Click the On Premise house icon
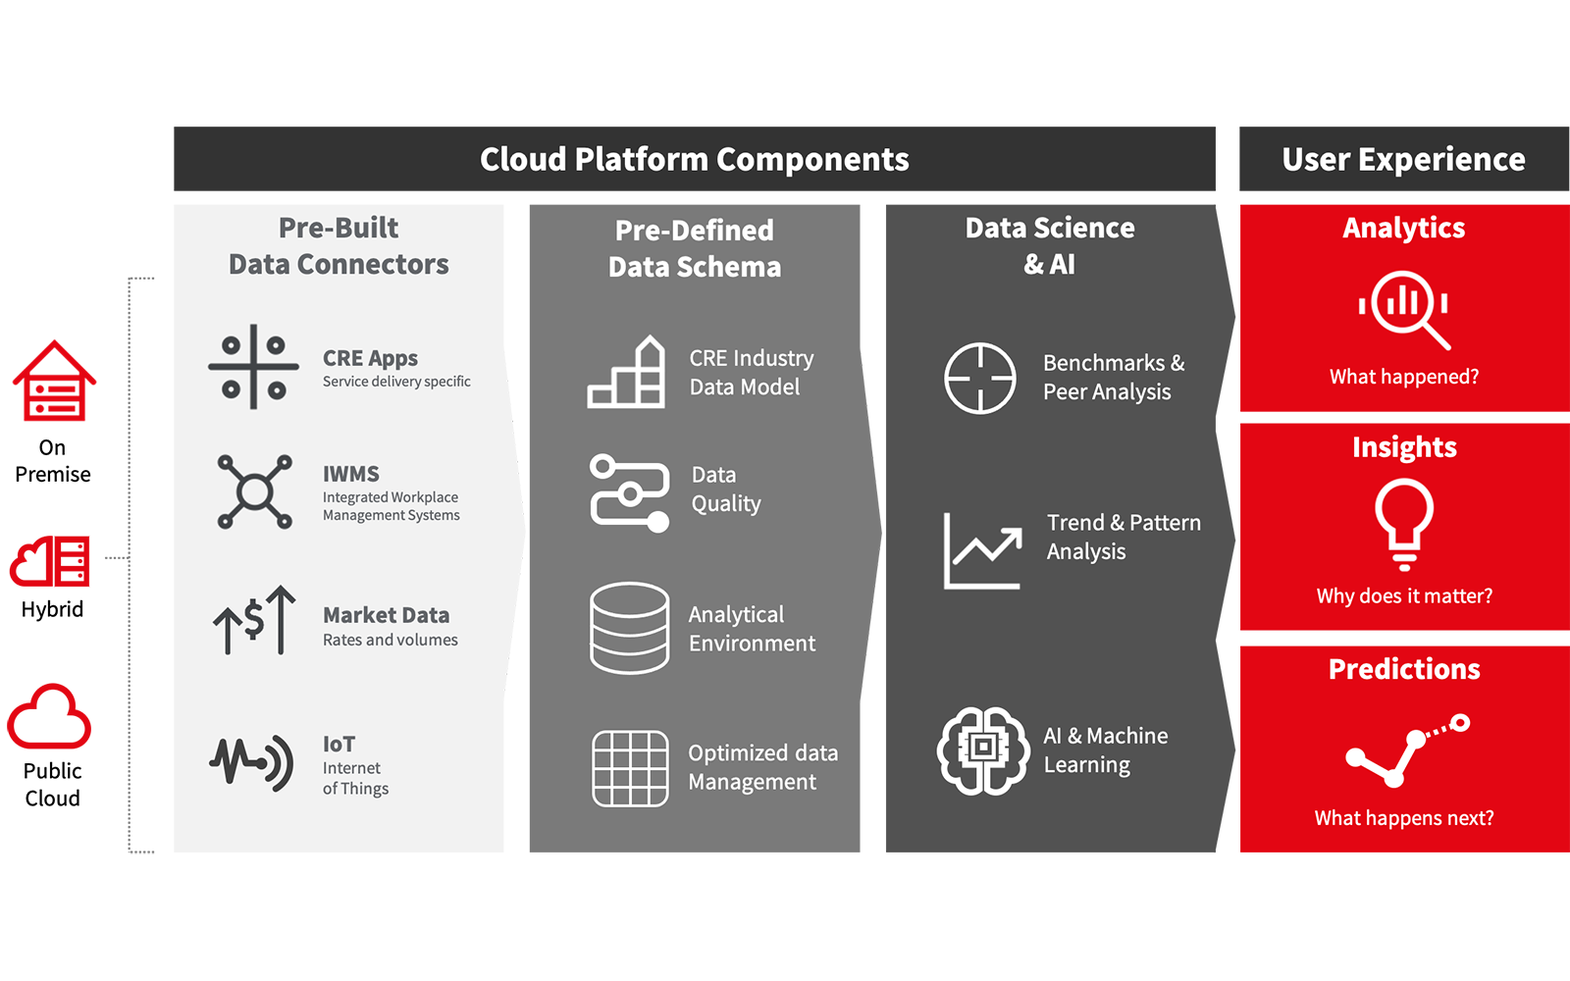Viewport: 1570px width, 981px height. click(54, 381)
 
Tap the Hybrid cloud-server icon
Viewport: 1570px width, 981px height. click(50, 560)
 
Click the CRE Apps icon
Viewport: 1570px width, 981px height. click(254, 367)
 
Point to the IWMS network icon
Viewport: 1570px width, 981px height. click(254, 491)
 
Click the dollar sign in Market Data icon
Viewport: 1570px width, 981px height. click(254, 620)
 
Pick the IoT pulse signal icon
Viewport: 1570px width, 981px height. click(251, 763)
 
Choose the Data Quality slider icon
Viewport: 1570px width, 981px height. click(629, 492)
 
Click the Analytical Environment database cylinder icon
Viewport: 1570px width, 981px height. click(629, 628)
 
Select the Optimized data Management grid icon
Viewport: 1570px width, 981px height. click(630, 769)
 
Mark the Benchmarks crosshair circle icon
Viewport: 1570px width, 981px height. click(980, 379)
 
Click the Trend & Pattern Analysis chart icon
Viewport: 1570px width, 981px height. click(982, 550)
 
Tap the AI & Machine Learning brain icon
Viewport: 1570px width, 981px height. click(983, 750)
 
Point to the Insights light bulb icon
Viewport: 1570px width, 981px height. click(1404, 524)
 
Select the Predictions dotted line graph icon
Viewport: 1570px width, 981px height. click(1407, 749)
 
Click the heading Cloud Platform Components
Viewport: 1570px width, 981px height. click(694, 159)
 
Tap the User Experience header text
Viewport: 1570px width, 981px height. click(1403, 159)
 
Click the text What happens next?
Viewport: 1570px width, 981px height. click(1404, 818)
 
